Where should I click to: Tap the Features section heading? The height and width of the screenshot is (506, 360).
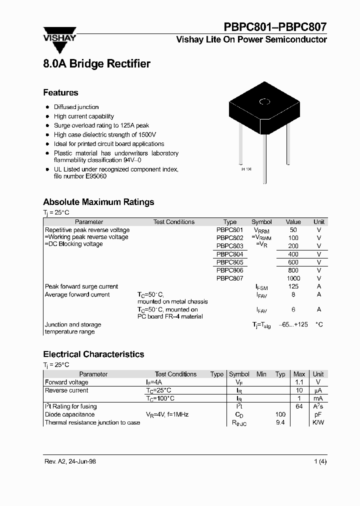click(60, 92)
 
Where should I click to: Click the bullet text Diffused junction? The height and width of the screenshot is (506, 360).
click(76, 107)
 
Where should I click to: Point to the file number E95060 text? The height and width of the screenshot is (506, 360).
click(80, 176)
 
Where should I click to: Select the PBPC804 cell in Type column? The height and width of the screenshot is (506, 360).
click(229, 254)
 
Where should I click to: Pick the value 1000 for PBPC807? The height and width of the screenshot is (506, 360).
click(293, 278)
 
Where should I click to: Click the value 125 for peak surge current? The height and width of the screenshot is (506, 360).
click(293, 286)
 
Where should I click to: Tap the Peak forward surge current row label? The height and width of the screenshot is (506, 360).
click(81, 286)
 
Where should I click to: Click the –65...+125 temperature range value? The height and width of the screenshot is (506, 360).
click(293, 324)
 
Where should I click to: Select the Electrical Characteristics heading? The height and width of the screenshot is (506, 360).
click(93, 354)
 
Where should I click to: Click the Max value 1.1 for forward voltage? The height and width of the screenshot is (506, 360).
click(299, 382)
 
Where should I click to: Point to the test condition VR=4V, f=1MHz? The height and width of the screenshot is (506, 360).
click(167, 414)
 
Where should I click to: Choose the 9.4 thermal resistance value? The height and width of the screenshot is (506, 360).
click(280, 422)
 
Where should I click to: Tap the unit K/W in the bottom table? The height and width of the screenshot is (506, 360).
click(318, 422)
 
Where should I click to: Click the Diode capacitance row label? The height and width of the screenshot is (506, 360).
click(69, 414)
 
